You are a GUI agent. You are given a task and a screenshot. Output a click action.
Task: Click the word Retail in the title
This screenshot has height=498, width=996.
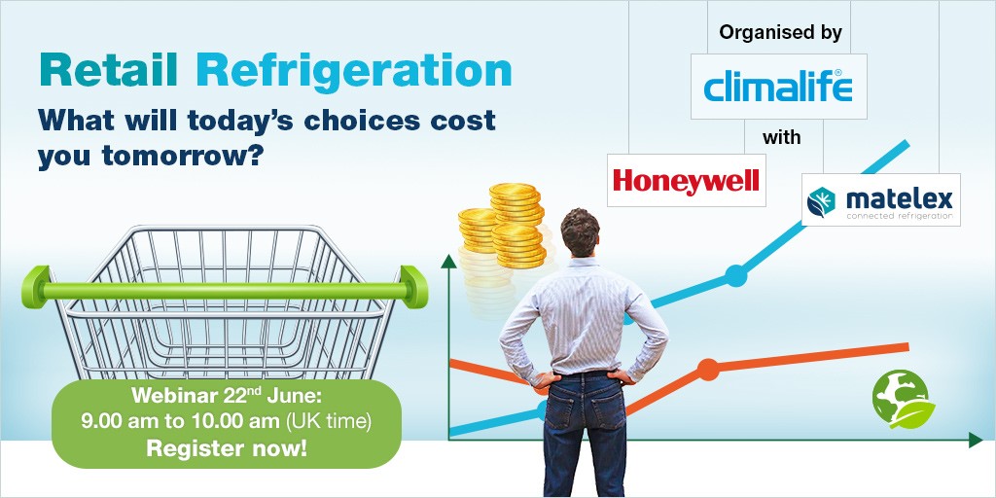click(108, 70)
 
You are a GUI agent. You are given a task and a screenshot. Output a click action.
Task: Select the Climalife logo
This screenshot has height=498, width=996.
click(778, 87)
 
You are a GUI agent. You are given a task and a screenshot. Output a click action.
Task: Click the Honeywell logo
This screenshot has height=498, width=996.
click(686, 180)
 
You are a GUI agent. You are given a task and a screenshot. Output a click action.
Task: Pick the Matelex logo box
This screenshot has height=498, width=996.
click(880, 199)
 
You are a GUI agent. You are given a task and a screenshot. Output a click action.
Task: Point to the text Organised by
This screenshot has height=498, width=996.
click(781, 34)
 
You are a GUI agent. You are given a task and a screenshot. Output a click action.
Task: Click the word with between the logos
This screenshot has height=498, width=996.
click(781, 137)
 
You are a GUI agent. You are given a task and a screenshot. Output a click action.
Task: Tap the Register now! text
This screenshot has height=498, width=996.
click(227, 448)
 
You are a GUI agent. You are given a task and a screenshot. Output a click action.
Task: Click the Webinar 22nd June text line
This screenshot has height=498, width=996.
click(227, 396)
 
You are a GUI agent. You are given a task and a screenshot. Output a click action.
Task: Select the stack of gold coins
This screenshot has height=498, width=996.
click(502, 226)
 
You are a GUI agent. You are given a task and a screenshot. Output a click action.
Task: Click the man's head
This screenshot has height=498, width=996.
click(580, 231)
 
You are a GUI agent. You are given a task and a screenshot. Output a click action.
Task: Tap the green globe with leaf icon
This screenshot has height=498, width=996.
click(903, 399)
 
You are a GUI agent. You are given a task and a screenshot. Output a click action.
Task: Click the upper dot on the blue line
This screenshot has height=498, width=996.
click(735, 275)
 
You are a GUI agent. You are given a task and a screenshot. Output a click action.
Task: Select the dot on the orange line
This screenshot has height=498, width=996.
click(708, 370)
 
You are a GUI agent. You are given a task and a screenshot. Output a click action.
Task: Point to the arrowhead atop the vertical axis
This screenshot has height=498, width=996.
click(449, 262)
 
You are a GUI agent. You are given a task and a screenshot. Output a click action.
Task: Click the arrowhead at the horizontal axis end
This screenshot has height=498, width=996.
click(976, 439)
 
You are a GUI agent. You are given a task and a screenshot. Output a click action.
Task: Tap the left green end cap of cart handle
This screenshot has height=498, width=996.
click(36, 287)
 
